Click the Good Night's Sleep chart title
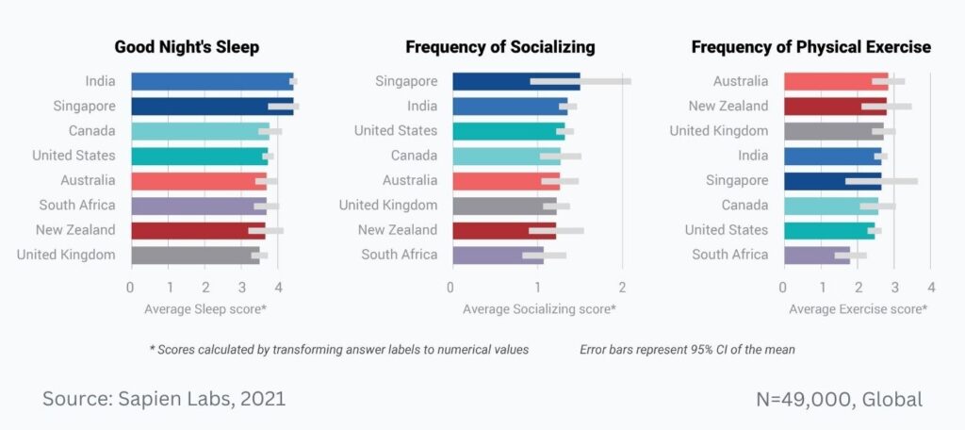187,47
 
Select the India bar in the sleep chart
212,82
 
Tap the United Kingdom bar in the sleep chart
195,255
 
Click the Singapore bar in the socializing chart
515,82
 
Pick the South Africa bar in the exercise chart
816,255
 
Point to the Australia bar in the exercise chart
835,82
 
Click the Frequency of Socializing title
500,47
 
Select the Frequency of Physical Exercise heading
811,47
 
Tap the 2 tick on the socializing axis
622,287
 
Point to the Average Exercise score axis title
858,308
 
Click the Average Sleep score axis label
204,308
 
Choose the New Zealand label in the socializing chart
398,230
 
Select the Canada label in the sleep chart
92,131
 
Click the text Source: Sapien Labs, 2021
164,399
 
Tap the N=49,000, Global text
839,399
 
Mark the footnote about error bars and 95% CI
687,349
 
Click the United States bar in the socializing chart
508,131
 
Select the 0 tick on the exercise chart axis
783,287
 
